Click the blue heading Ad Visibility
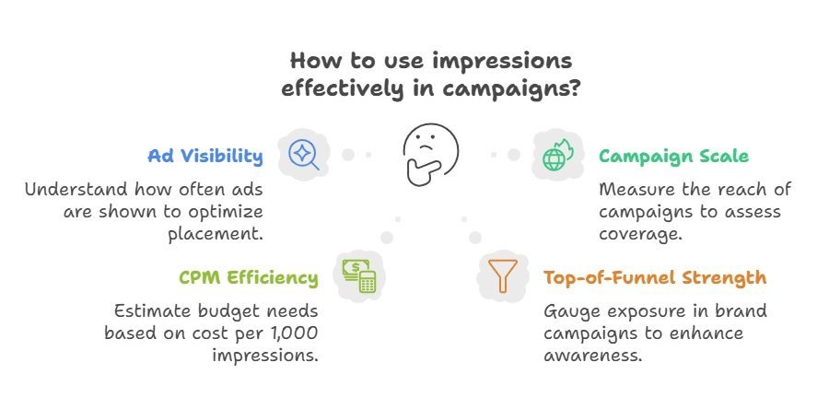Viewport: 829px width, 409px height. (x=205, y=156)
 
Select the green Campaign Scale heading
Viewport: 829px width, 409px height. (x=673, y=157)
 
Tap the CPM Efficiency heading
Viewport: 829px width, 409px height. (x=249, y=278)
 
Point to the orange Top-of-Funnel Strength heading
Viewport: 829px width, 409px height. (x=655, y=278)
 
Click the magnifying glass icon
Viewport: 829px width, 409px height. (x=303, y=155)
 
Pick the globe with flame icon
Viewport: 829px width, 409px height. (x=557, y=155)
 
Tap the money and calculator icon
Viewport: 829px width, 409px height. (x=358, y=275)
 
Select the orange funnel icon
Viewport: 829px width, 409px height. (x=499, y=275)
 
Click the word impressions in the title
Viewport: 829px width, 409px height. (x=502, y=62)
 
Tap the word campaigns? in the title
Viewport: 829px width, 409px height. (x=510, y=88)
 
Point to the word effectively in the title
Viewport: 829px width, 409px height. (x=342, y=88)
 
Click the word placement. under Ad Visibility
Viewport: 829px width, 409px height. (x=216, y=235)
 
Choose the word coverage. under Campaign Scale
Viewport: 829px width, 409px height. (x=640, y=234)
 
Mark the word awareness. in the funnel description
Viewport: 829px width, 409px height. (x=592, y=355)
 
